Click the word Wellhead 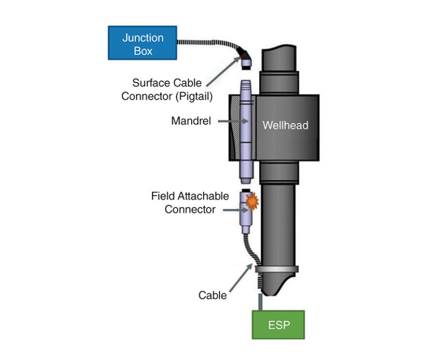click(x=285, y=125)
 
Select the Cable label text click(x=212, y=296)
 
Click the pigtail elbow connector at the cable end click(x=246, y=57)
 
